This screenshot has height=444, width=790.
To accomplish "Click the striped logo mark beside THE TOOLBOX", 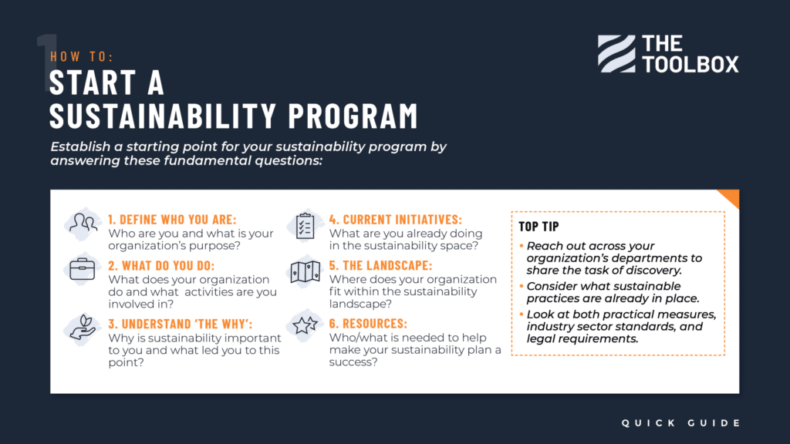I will (x=616, y=53).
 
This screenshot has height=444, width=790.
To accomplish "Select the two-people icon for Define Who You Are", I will (x=82, y=224).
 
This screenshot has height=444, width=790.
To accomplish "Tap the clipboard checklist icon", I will (x=304, y=224).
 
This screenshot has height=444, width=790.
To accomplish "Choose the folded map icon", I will (x=304, y=272).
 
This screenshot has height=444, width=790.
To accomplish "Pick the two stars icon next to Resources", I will (x=304, y=326).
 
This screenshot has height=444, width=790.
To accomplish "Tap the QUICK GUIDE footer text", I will (x=681, y=422).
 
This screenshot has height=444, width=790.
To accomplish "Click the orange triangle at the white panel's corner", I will (x=731, y=197).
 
